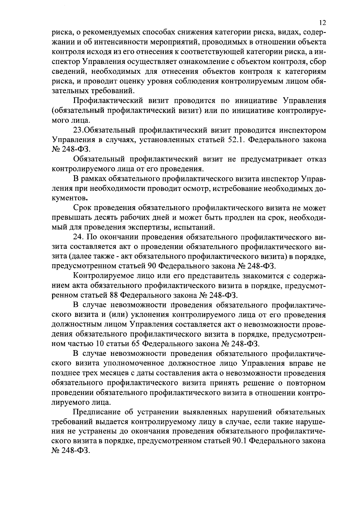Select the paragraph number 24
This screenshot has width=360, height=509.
click(x=78, y=237)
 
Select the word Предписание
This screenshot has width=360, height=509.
click(x=96, y=412)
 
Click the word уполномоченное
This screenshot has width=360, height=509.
click(x=135, y=363)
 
